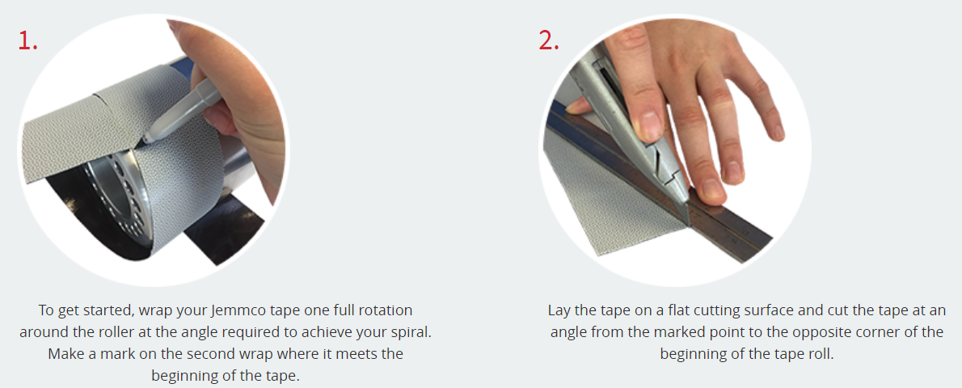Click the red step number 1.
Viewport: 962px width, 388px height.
click(x=27, y=40)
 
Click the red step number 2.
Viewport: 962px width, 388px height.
click(x=548, y=40)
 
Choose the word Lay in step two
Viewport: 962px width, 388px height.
click(x=559, y=310)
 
